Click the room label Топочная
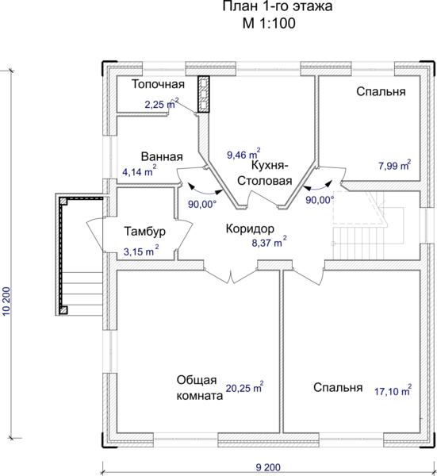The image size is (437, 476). (x=158, y=84)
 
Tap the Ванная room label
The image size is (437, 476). (x=162, y=156)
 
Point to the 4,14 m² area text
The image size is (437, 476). (x=140, y=171)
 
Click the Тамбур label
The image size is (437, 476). (x=145, y=232)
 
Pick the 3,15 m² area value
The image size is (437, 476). (x=141, y=251)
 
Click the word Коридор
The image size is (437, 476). (x=250, y=229)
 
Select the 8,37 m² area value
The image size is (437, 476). (x=269, y=242)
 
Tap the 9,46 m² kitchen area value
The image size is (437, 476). (x=243, y=154)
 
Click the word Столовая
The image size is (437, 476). (x=265, y=181)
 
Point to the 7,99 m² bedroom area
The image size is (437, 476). (x=395, y=165)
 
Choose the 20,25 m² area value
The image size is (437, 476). (x=244, y=387)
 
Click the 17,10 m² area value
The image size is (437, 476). (x=393, y=390)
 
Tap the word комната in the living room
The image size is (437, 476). (x=200, y=396)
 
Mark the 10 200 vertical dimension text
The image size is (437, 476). (x=6, y=301)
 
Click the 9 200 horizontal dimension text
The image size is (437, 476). (x=268, y=467)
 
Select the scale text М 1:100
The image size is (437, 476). (x=269, y=23)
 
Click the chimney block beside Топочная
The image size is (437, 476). (x=203, y=94)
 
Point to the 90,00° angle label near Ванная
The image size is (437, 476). (x=202, y=204)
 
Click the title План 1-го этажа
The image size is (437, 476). (x=278, y=6)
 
